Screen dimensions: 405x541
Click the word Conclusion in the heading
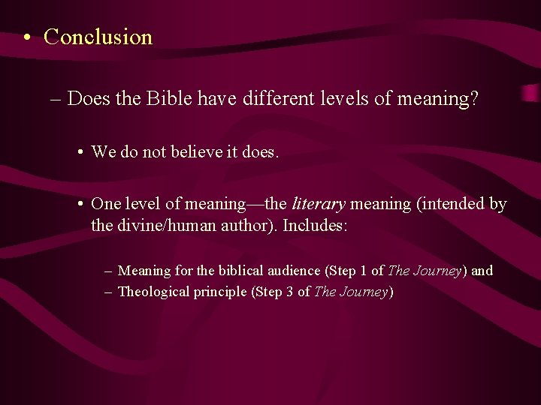coord(98,37)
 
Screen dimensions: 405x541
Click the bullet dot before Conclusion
coord(26,37)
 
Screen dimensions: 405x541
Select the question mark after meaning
coord(473,99)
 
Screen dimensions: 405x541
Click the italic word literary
coord(318,204)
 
